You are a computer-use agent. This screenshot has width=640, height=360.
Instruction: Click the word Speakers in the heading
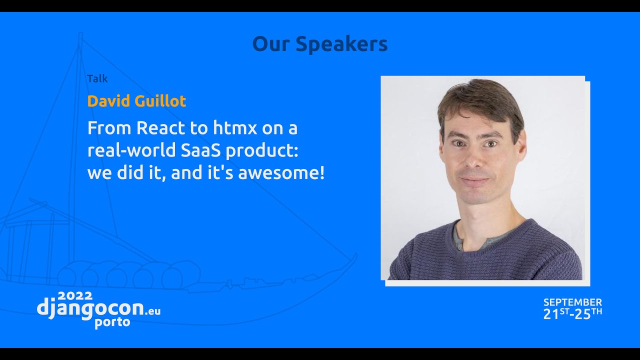[x=341, y=44]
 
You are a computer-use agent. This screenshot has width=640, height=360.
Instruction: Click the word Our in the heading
[x=271, y=44]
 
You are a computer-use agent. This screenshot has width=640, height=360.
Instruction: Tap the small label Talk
[x=97, y=78]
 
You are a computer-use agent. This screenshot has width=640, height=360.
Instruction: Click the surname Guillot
[x=160, y=101]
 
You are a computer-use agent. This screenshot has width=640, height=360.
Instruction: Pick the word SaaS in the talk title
[x=200, y=150]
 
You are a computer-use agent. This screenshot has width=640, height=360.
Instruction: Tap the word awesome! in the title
[x=281, y=173]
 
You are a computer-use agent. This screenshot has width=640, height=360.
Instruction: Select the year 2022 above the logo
[x=75, y=296]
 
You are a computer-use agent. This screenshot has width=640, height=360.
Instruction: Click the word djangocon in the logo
[x=90, y=308]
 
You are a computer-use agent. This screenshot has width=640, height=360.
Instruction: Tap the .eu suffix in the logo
[x=152, y=311]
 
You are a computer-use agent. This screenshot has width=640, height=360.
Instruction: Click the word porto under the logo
[x=112, y=322]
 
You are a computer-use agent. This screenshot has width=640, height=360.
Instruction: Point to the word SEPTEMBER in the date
[x=572, y=302]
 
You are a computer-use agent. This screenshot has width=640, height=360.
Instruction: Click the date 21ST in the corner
[x=556, y=314]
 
